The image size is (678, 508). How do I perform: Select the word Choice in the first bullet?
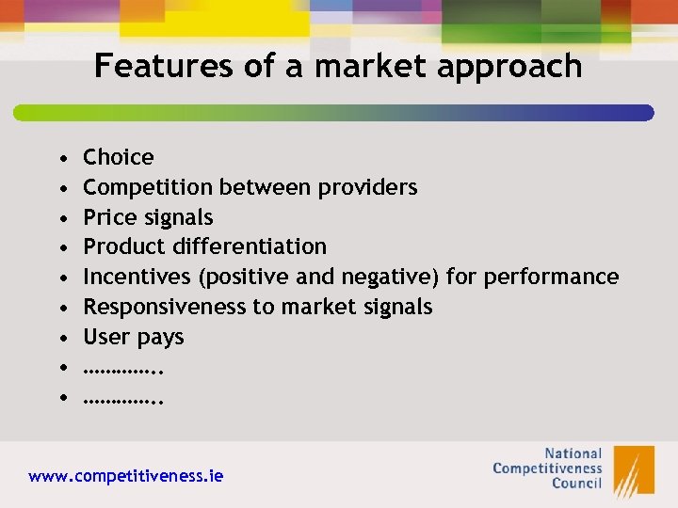[x=119, y=157]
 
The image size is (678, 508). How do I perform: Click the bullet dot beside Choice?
[x=61, y=157]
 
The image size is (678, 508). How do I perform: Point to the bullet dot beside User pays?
[x=61, y=337]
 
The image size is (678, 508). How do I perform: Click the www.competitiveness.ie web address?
[x=126, y=476]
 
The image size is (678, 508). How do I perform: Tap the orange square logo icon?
[x=634, y=469]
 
